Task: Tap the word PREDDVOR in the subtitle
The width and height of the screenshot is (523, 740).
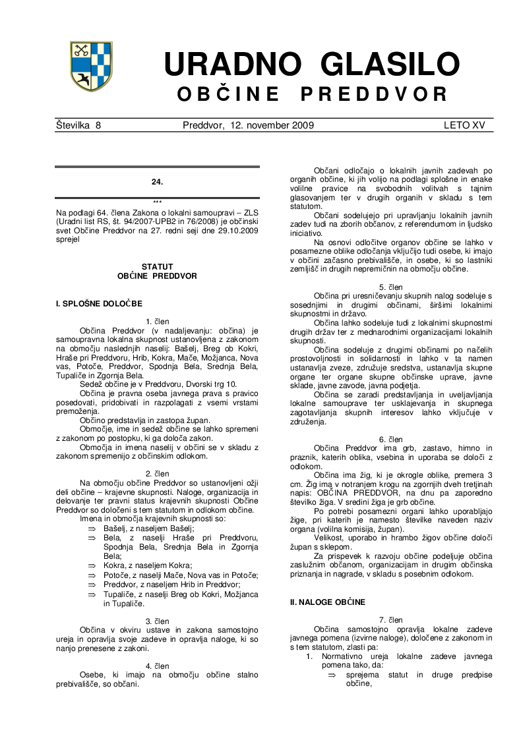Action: click(x=374, y=95)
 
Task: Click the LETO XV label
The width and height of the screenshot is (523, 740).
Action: click(x=464, y=125)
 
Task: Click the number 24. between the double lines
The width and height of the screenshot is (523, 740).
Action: click(x=157, y=181)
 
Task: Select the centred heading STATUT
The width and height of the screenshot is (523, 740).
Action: click(x=157, y=267)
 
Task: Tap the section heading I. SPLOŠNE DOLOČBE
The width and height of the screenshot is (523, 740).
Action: click(x=99, y=303)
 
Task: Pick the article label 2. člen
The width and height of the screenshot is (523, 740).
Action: click(x=157, y=473)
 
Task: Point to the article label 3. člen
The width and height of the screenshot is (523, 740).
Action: click(x=157, y=621)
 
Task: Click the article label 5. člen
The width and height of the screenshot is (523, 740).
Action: click(x=390, y=287)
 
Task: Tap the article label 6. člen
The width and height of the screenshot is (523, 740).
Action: click(x=390, y=439)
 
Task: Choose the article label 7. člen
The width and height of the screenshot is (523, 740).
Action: click(x=390, y=620)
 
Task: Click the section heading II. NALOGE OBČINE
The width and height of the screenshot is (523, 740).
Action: click(x=327, y=602)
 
